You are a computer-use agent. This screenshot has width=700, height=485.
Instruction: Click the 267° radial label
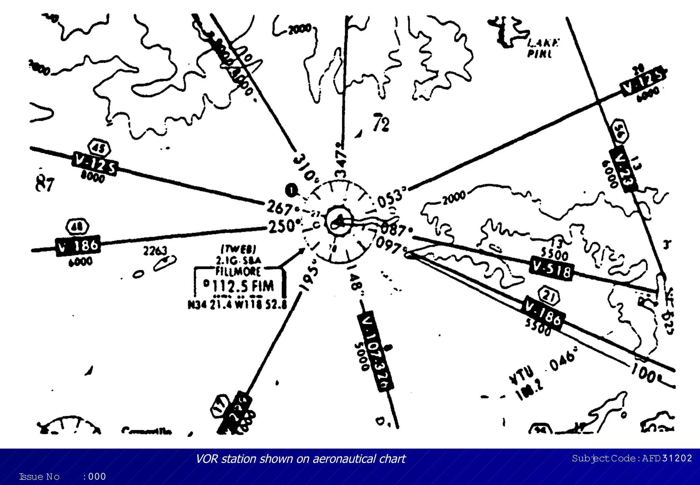[280, 207]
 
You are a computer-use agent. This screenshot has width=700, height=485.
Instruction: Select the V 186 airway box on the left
[78, 246]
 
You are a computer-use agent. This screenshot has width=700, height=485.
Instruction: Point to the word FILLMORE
[238, 271]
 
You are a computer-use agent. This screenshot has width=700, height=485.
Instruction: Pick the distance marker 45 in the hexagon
[99, 148]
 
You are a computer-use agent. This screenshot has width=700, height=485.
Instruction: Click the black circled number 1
[291, 191]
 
